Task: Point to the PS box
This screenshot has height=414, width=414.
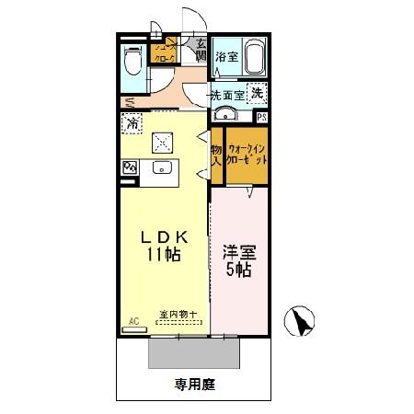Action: point(262,116)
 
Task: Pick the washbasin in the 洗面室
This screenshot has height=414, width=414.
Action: point(225,116)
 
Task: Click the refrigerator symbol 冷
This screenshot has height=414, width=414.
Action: point(133,121)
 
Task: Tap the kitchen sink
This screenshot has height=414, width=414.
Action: point(164,167)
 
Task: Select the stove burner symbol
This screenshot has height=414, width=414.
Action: point(130,167)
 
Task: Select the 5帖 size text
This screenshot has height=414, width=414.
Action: point(239,270)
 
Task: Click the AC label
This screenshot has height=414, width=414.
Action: point(132,321)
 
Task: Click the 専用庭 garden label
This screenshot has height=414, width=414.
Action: point(195,385)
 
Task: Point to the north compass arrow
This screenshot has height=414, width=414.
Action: point(301,322)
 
